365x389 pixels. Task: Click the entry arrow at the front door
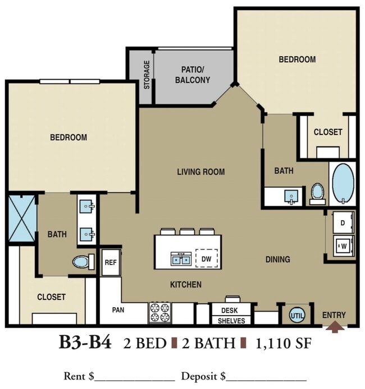(335, 326)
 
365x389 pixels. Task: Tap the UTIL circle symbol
(297, 316)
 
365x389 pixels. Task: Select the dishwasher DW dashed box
(207, 258)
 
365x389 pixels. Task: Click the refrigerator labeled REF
(111, 262)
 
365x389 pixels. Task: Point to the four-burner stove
(160, 312)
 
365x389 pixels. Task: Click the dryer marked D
(343, 223)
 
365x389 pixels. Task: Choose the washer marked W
(344, 246)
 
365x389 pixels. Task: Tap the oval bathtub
(343, 184)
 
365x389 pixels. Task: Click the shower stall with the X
(22, 218)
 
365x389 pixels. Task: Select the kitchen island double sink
(181, 259)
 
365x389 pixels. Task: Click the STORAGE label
(147, 75)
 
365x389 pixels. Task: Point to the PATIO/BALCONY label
(193, 75)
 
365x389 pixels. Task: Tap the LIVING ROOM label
(201, 172)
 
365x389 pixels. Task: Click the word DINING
(278, 260)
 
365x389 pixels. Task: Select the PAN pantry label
(118, 310)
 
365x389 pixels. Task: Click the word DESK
(229, 311)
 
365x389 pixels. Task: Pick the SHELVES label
(231, 321)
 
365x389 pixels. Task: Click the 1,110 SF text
(284, 344)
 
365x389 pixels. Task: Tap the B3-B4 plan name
(85, 342)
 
